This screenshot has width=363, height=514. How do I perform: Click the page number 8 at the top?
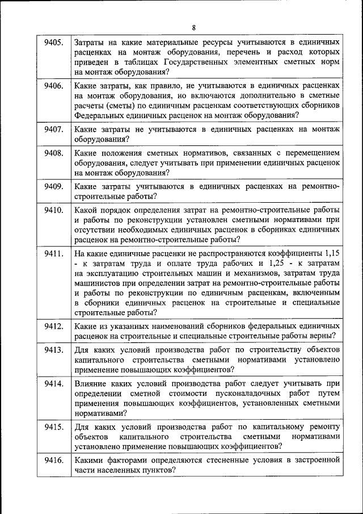(x=193, y=27)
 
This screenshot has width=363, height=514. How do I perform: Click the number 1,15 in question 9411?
(x=332, y=253)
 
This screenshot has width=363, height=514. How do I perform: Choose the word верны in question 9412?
(x=326, y=336)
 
